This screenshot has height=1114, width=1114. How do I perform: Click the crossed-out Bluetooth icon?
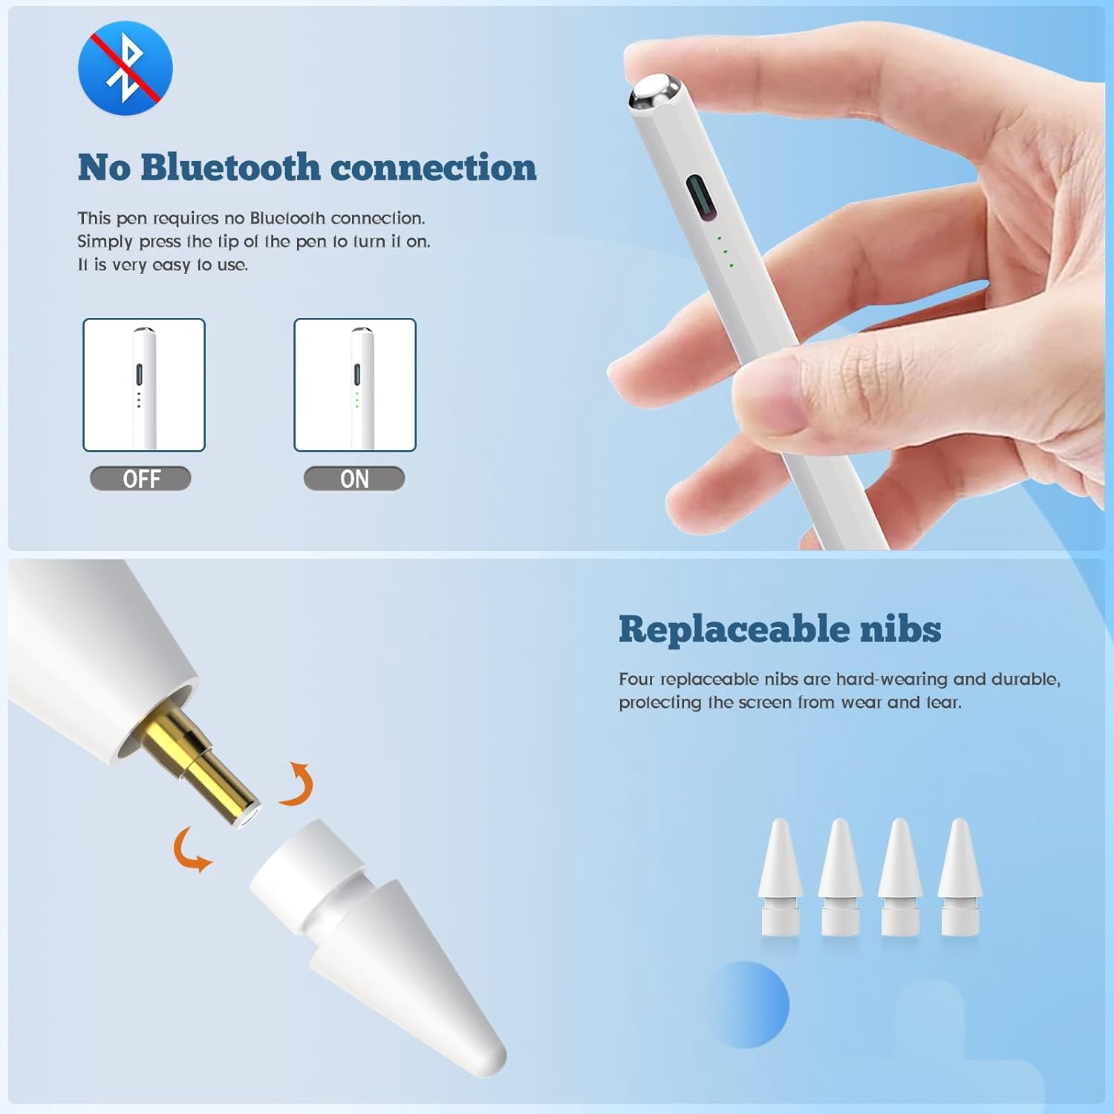click(126, 68)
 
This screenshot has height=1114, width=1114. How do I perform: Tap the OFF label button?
click(140, 479)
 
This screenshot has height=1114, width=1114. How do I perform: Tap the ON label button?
click(354, 479)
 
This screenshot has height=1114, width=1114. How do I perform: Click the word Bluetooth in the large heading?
click(230, 168)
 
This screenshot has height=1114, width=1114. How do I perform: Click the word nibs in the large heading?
click(900, 630)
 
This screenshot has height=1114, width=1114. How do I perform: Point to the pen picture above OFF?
click(144, 385)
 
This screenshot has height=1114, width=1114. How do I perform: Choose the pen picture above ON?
click(355, 385)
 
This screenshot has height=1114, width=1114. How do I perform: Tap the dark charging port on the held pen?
click(700, 198)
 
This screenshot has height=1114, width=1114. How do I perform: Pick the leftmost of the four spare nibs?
click(781, 876)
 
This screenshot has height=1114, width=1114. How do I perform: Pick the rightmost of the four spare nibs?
click(960, 876)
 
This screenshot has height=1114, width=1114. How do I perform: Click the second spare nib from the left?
click(841, 876)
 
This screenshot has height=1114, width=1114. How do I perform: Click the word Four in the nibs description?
click(636, 679)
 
